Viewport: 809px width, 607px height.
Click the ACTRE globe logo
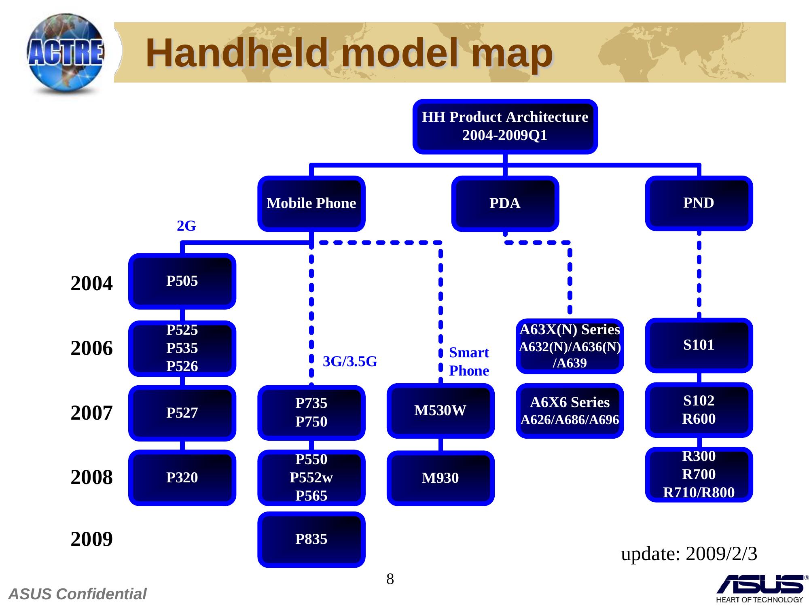pyautogui.click(x=66, y=54)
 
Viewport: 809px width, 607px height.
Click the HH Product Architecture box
pyautogui.click(x=505, y=126)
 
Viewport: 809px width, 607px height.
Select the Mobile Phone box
pyautogui.click(x=311, y=203)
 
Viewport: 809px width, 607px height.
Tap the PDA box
pyautogui.click(x=505, y=203)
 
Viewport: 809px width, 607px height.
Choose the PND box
pyautogui.click(x=699, y=203)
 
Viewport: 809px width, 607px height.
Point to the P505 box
pyautogui.click(x=182, y=281)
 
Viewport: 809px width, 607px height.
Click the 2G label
pyautogui.click(x=186, y=226)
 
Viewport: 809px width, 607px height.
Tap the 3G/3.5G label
pyautogui.click(x=350, y=361)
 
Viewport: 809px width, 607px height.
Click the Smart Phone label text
pyautogui.click(x=469, y=362)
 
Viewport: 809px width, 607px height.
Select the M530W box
pyautogui.click(x=440, y=411)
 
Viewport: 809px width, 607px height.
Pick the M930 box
pyautogui.click(x=440, y=478)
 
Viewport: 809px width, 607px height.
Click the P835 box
pyautogui.click(x=311, y=539)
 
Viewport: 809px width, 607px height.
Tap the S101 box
pyautogui.click(x=699, y=345)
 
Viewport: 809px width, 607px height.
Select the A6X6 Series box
pyautogui.click(x=570, y=411)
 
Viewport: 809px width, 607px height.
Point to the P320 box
pyautogui.click(x=182, y=478)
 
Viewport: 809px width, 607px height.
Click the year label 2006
pyautogui.click(x=92, y=348)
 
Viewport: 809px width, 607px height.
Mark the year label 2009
pyautogui.click(x=92, y=539)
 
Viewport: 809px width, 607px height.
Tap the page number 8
pyautogui.click(x=390, y=579)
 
